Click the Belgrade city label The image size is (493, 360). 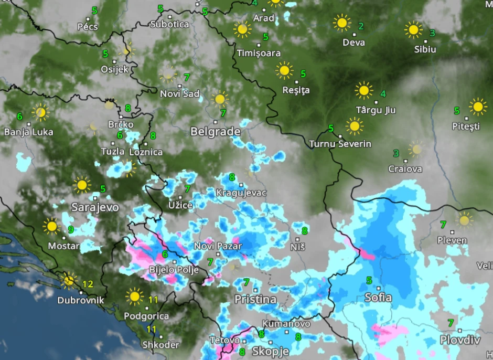(215, 132)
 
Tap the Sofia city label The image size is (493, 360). (378, 298)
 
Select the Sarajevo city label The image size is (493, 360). (95, 207)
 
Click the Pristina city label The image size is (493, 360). (255, 300)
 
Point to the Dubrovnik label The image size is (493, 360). (81, 301)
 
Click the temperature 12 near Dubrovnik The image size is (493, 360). (87, 284)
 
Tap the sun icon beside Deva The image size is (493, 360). (341, 23)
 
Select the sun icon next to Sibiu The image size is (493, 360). (413, 30)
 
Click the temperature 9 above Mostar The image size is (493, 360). (71, 229)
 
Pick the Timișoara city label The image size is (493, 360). (259, 53)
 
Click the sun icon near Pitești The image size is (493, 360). (478, 107)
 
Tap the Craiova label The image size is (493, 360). (405, 169)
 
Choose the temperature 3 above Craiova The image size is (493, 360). (396, 153)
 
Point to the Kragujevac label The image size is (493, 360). (241, 193)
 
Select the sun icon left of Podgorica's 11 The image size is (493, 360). (135, 297)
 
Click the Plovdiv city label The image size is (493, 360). (460, 340)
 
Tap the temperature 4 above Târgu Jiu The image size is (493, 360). (383, 94)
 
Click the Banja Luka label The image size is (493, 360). (28, 132)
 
